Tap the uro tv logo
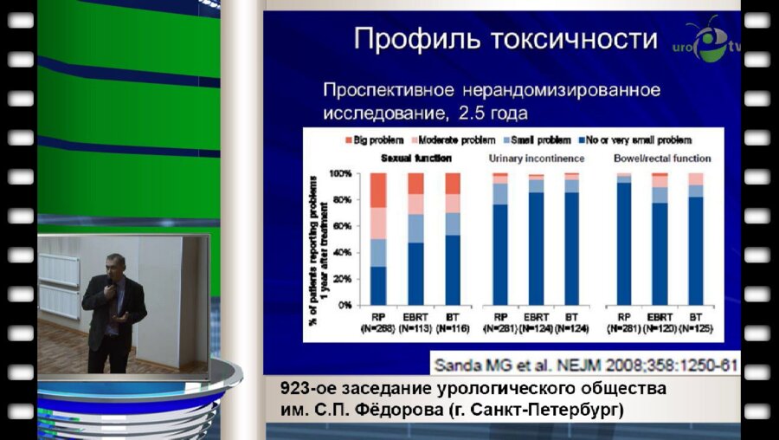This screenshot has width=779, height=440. tap(705, 42)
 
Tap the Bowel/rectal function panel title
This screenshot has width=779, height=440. tap(661, 159)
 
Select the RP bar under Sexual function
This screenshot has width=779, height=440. tap(377, 239)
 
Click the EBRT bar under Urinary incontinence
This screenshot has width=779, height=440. tap(536, 239)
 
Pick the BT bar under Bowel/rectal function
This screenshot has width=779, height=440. tap(696, 239)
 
